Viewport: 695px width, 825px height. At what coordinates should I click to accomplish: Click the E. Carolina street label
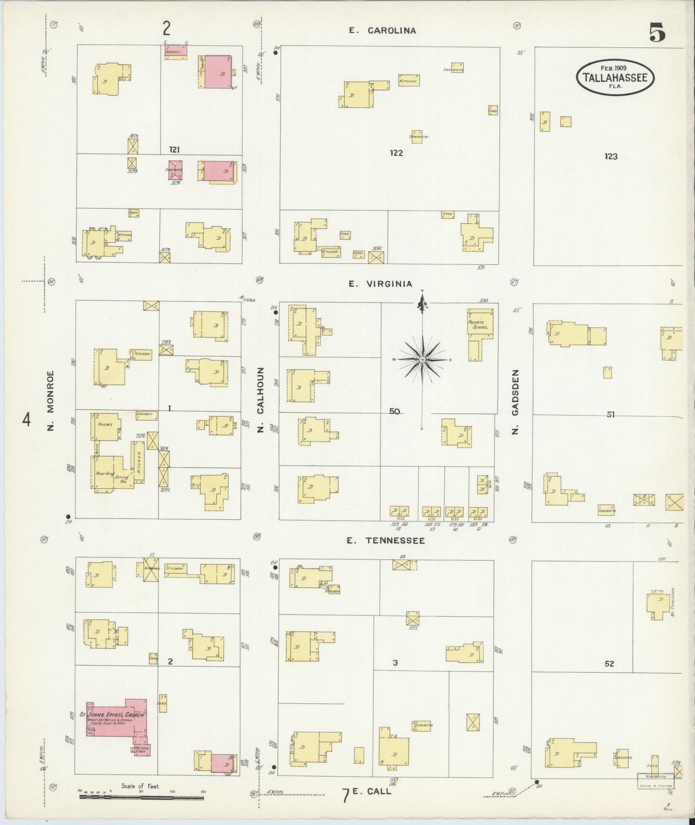click(x=382, y=31)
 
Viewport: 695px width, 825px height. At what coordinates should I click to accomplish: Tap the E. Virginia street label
click(x=380, y=284)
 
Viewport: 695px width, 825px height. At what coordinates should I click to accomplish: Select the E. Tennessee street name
click(x=387, y=541)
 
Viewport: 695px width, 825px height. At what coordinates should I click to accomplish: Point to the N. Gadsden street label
click(x=515, y=402)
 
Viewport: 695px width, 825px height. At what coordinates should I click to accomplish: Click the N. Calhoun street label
click(x=261, y=400)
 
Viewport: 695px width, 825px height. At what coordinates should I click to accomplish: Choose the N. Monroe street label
click(x=51, y=400)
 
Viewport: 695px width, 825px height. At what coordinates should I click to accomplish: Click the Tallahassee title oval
click(x=615, y=77)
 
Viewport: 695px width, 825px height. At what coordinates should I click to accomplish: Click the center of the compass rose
click(x=422, y=360)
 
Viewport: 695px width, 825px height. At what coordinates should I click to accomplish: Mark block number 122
click(x=396, y=153)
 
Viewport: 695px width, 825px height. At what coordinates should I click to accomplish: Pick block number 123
click(x=611, y=156)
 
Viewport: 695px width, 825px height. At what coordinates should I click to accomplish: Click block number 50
click(x=395, y=411)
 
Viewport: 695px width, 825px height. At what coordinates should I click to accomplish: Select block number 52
click(x=609, y=663)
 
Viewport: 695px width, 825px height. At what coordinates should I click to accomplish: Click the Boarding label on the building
click(x=105, y=473)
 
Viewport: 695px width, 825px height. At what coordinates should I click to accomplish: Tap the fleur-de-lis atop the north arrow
click(x=422, y=304)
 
